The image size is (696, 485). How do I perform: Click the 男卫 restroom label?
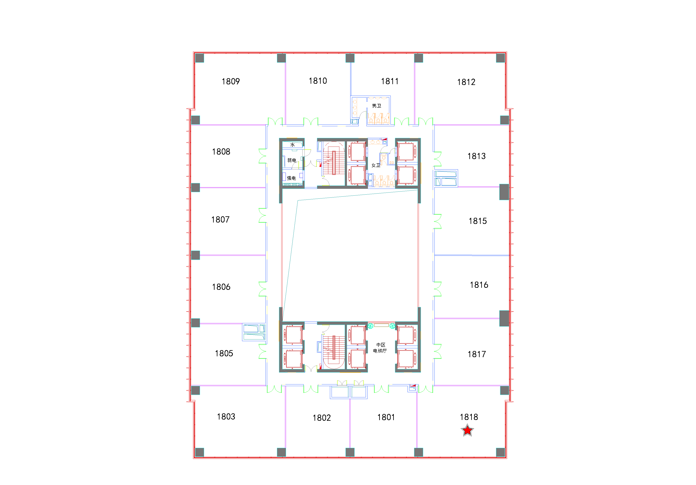click(377, 106)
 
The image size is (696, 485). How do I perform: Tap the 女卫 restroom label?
click(376, 165)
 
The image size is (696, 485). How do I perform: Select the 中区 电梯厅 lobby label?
click(380, 348)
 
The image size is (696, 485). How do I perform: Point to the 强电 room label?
click(291, 178)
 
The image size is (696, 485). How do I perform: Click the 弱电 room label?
click(292, 160)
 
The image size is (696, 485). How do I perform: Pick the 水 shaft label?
click(293, 145)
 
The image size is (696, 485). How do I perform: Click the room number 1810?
click(318, 81)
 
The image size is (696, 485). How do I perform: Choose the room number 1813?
click(476, 156)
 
